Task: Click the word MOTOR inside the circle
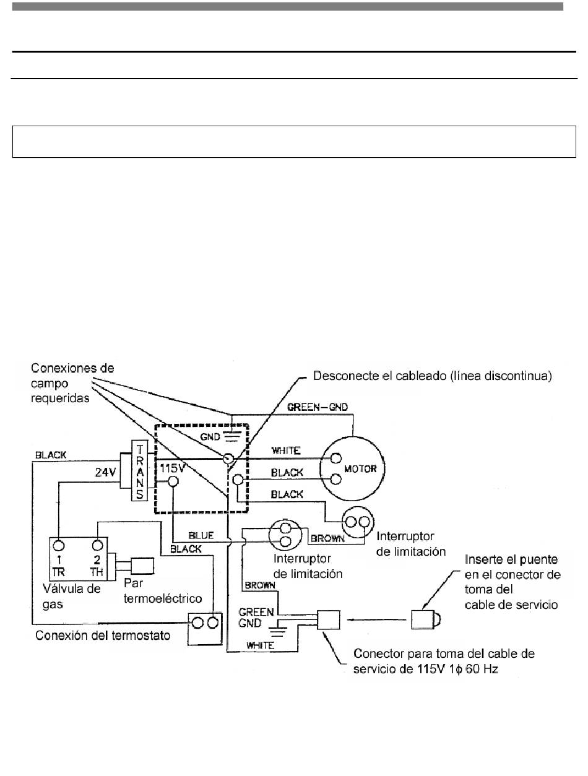pyautogui.click(x=360, y=469)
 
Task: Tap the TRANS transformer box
pyautogui.click(x=140, y=470)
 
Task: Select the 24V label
pyautogui.click(x=105, y=472)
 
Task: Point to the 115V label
pyautogui.click(x=172, y=468)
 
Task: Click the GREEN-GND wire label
pyautogui.click(x=317, y=407)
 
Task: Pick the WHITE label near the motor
pyautogui.click(x=286, y=451)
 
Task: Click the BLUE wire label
pyautogui.click(x=201, y=536)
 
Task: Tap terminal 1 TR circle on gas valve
pyautogui.click(x=59, y=546)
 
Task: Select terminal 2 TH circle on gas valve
pyautogui.click(x=98, y=546)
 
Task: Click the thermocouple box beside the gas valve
pyautogui.click(x=142, y=566)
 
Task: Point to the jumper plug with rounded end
pyautogui.click(x=426, y=619)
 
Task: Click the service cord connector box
pyautogui.click(x=329, y=619)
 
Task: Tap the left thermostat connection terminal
pyautogui.click(x=198, y=623)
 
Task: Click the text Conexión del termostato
pyautogui.click(x=103, y=636)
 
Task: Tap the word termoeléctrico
pyautogui.click(x=163, y=598)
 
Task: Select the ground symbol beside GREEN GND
pyautogui.click(x=278, y=627)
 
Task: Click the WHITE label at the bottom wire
pyautogui.click(x=260, y=645)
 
